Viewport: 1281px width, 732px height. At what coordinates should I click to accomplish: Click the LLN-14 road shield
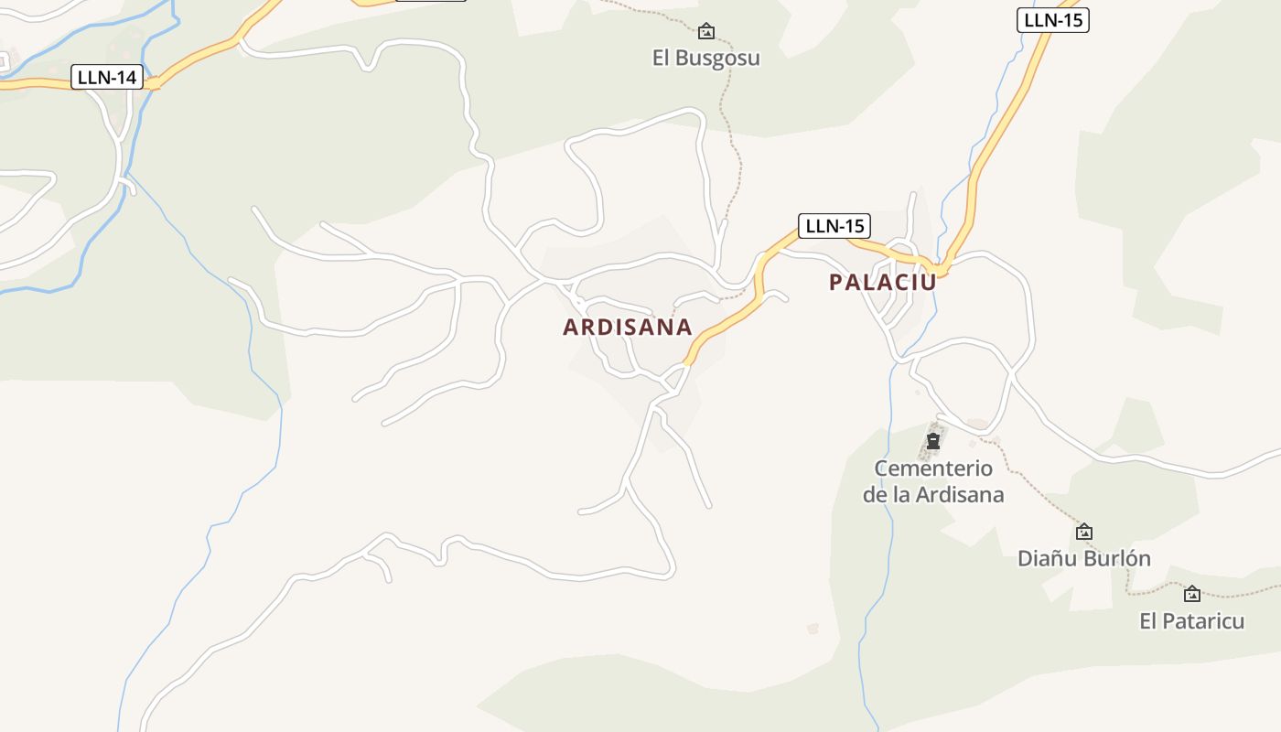coord(107,78)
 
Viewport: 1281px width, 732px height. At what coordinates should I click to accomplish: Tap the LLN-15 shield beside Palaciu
coord(834,225)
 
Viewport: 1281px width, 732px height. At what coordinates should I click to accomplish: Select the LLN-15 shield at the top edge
coord(1052,20)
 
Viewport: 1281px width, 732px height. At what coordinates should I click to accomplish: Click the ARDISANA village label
coord(627,328)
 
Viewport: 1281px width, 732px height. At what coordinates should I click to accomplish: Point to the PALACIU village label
coord(882,283)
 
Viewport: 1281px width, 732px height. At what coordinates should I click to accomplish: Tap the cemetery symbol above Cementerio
coord(933,443)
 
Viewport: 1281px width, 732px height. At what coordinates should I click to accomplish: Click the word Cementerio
coord(933,468)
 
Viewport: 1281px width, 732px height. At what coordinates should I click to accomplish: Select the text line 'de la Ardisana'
coord(933,495)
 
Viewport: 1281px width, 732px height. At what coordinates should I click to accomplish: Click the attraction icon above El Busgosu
coord(706,32)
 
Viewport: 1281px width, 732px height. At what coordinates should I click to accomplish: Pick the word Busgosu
coord(719,59)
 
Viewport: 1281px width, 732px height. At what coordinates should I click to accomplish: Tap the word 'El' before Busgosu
coord(662,59)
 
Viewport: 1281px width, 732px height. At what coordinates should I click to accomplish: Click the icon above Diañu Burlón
coord(1084,532)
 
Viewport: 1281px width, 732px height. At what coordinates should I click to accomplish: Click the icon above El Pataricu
coord(1192,595)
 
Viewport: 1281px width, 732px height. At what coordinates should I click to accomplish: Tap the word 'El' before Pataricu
coord(1149,621)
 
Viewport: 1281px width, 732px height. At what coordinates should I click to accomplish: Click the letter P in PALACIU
coord(836,283)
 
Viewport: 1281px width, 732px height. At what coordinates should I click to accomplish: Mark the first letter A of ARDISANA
coord(570,328)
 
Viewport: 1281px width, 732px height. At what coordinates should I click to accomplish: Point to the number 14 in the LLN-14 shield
coord(126,78)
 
